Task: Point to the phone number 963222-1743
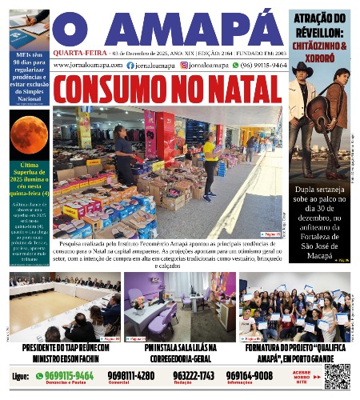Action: (194, 375)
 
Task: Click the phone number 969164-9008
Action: (249, 375)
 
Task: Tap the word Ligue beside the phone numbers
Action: (22, 375)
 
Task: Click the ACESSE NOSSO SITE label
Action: (303, 376)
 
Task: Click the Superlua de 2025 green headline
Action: (29, 179)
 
